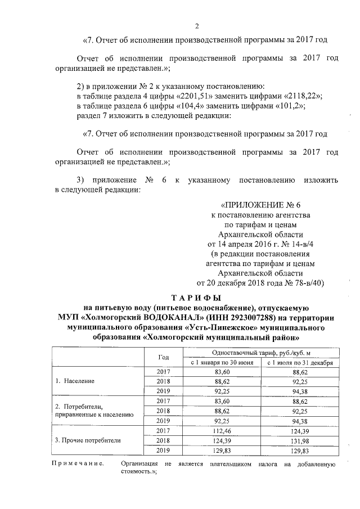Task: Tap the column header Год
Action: point(164,357)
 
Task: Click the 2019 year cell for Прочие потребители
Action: point(164,450)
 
